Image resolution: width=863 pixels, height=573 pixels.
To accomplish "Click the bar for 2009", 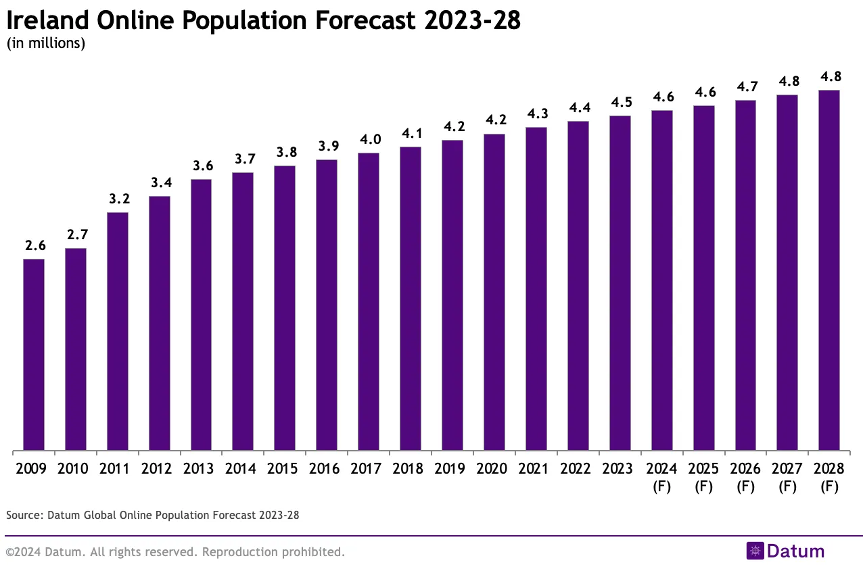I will tap(34, 355).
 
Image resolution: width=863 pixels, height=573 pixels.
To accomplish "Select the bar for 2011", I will tap(118, 331).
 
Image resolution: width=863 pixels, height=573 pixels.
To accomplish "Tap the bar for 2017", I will tap(369, 301).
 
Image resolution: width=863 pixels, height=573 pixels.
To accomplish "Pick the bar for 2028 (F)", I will tap(829, 270).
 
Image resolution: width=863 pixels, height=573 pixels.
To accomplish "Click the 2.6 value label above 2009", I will tap(34, 246).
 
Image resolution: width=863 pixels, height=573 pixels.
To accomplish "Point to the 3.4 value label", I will tap(160, 183).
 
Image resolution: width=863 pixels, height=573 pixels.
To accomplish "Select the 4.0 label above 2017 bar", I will tap(369, 140).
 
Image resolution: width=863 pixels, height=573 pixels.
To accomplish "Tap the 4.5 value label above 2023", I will tap(620, 103).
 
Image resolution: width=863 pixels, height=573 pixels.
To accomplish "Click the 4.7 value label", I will tap(746, 87).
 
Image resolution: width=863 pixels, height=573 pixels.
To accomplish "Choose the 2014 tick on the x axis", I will tap(243, 468).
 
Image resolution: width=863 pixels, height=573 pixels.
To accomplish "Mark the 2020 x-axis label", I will tap(494, 468).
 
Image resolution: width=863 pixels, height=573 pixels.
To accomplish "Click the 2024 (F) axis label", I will tap(661, 477).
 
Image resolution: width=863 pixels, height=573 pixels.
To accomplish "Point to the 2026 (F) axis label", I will tap(745, 477).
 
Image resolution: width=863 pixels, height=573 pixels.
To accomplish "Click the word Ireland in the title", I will tap(47, 21).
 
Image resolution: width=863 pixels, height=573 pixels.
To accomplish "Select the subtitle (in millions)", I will tap(45, 45).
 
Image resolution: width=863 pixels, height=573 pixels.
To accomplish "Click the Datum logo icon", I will tap(755, 551).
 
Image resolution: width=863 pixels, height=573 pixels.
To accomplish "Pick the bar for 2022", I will tap(578, 286).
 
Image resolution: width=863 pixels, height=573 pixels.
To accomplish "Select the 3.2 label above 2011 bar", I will tap(118, 199).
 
